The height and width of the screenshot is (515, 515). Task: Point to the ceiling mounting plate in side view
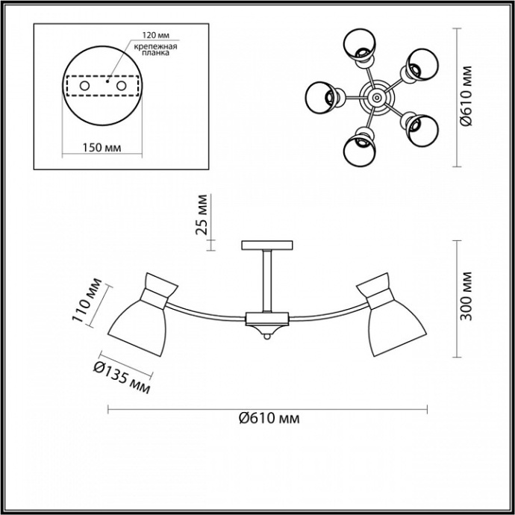(x=266, y=245)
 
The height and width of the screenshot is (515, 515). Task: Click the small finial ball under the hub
(x=266, y=338)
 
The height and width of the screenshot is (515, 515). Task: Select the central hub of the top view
(x=374, y=96)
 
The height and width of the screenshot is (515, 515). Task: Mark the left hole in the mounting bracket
(x=84, y=87)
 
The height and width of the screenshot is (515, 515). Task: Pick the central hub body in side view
(x=266, y=321)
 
